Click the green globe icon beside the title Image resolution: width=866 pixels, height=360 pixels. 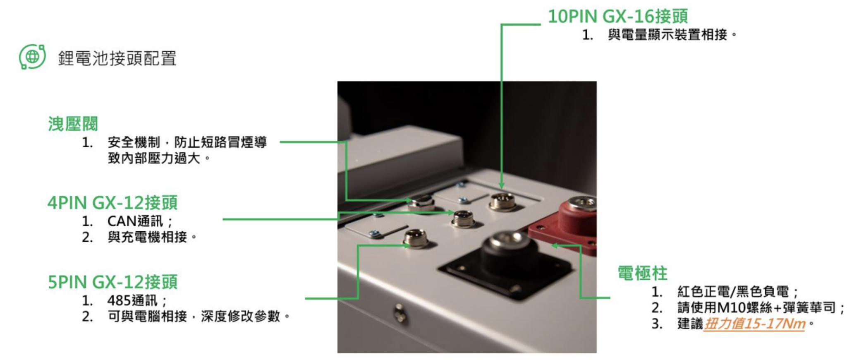click(32, 57)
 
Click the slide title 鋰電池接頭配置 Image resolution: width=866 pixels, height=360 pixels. click(117, 58)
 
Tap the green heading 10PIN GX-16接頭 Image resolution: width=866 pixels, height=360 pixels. click(618, 17)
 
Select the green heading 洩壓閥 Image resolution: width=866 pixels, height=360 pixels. click(73, 124)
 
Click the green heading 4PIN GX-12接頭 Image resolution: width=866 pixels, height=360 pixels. click(112, 203)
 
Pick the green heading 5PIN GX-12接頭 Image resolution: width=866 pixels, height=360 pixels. click(112, 282)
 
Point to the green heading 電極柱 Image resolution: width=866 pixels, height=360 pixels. click(642, 274)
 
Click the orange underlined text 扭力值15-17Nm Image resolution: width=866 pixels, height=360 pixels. click(755, 324)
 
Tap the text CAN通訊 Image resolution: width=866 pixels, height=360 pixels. click(135, 221)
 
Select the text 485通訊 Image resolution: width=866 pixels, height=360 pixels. click(132, 300)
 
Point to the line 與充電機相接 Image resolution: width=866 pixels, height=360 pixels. click(152, 238)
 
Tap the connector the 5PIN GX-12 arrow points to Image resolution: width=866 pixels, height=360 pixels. click(416, 239)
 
